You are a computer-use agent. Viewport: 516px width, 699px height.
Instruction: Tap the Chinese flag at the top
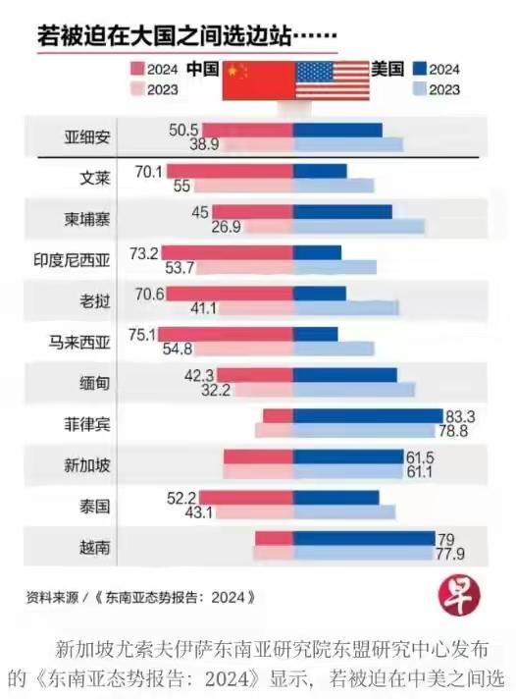pyautogui.click(x=258, y=79)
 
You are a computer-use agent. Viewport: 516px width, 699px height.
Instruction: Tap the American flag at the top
pyautogui.click(x=333, y=79)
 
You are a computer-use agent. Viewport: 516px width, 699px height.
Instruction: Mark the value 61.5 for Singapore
pyautogui.click(x=421, y=457)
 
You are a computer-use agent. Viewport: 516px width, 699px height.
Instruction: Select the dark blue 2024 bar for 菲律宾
pyautogui.click(x=368, y=416)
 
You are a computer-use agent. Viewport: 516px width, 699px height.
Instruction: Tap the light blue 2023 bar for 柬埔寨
pyautogui.click(x=358, y=227)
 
